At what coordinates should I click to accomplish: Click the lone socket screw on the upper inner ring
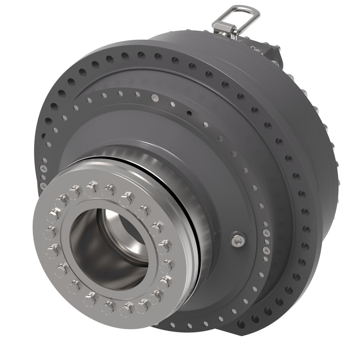(x=154, y=97)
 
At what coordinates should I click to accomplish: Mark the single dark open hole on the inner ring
(x=189, y=113)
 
